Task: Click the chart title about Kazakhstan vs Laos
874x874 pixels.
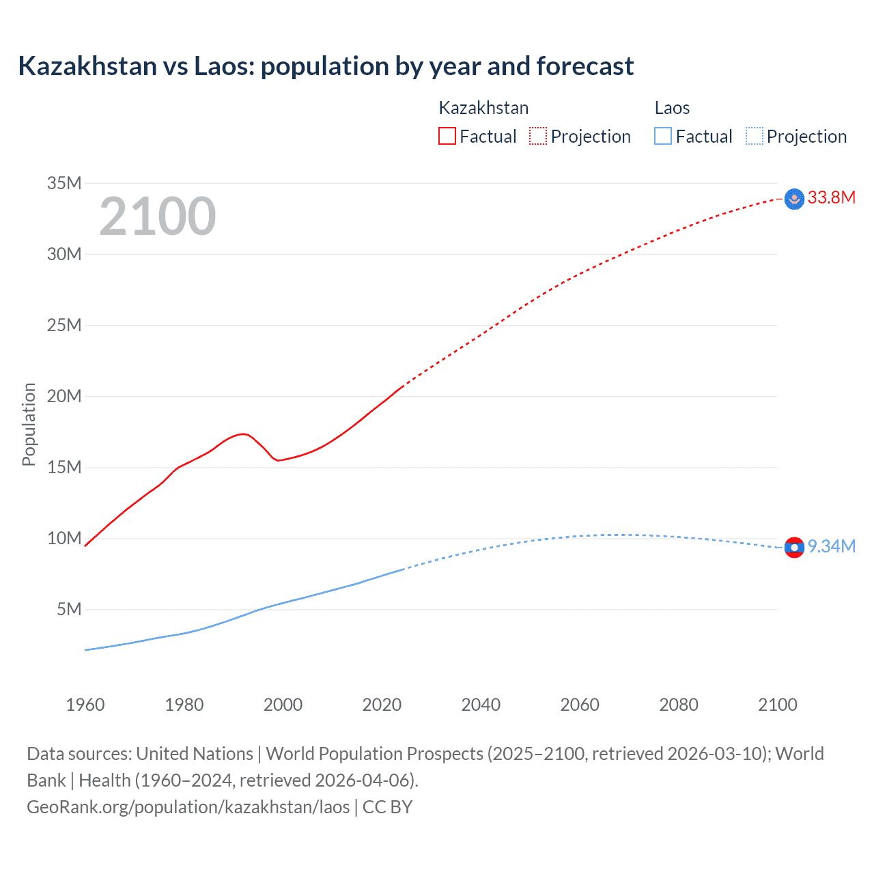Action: pyautogui.click(x=326, y=66)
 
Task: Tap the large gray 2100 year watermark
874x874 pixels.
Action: pyautogui.click(x=158, y=216)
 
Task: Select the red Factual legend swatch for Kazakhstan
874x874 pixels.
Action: pyautogui.click(x=447, y=136)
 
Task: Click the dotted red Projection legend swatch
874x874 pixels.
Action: pyautogui.click(x=538, y=136)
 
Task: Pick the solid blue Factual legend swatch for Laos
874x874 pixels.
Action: pyautogui.click(x=662, y=136)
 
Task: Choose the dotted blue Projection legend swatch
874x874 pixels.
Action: pyautogui.click(x=754, y=136)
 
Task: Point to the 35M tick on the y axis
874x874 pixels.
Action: pyautogui.click(x=64, y=183)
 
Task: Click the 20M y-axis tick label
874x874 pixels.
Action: pyautogui.click(x=64, y=396)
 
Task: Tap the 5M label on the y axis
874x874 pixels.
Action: pyautogui.click(x=69, y=609)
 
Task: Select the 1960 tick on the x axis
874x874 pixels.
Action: pyautogui.click(x=85, y=705)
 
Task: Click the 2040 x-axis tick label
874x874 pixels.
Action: pyautogui.click(x=481, y=705)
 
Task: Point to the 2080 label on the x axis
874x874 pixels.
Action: pyautogui.click(x=679, y=705)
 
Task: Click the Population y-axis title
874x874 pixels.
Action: pyautogui.click(x=29, y=424)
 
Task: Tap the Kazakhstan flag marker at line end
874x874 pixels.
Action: pyautogui.click(x=794, y=199)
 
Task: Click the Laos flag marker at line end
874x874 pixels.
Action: pyautogui.click(x=794, y=548)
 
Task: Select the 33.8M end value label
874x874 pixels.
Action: pyautogui.click(x=831, y=198)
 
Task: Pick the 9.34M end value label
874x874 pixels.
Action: pyautogui.click(x=831, y=546)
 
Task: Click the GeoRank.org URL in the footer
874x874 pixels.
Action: pyautogui.click(x=188, y=807)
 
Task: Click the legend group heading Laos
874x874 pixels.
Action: pyautogui.click(x=672, y=108)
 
